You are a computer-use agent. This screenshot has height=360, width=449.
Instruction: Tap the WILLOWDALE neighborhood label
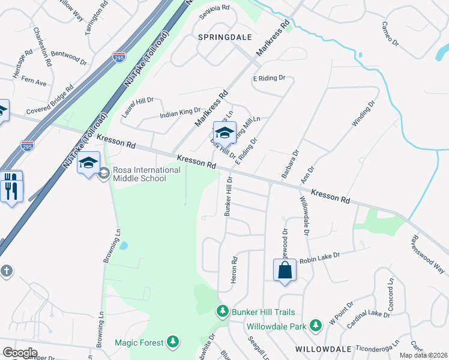coord(324,349)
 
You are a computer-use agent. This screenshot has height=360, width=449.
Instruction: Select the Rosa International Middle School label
coord(146,174)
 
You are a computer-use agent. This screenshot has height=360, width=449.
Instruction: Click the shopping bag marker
coord(285,270)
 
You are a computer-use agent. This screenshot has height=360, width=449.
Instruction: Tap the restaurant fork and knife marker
coord(12,188)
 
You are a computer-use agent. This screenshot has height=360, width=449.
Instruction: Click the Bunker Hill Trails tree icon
coord(223,311)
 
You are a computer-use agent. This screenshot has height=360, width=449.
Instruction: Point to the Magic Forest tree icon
coord(173,342)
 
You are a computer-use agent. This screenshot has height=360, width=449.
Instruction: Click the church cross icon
coord(6,271)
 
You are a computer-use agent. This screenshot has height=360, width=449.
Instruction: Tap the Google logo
coord(19,353)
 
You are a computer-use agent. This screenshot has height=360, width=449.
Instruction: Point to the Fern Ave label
coord(34,81)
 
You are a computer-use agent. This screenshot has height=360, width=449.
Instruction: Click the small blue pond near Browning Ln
coord(123,245)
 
